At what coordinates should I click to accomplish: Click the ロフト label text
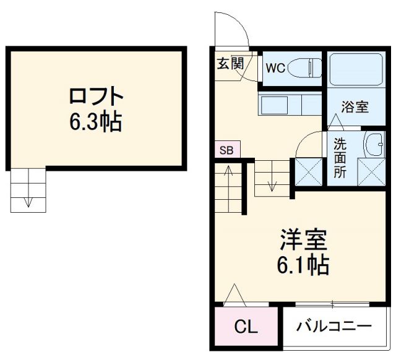(x=96, y=98)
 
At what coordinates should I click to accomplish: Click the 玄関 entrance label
(x=229, y=62)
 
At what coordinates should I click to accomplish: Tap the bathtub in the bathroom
(x=355, y=70)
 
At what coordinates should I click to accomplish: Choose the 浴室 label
(x=355, y=107)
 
